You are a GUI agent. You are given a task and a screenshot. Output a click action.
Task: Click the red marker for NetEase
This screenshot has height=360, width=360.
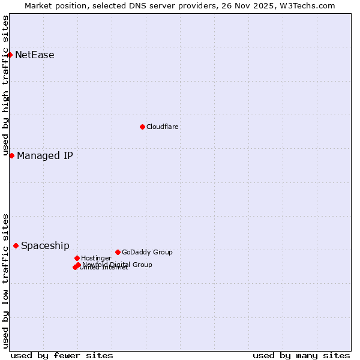[x=10, y=55]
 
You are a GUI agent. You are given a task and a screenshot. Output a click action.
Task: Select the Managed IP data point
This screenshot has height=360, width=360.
[x=11, y=155]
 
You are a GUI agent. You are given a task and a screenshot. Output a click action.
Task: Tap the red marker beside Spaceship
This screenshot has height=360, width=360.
[x=16, y=245]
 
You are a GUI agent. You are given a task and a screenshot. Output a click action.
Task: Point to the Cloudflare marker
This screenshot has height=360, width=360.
[x=142, y=127]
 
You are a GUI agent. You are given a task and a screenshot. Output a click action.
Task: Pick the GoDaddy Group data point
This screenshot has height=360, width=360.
[x=118, y=252]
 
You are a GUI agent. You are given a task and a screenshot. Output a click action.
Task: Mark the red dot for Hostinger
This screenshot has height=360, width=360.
[x=77, y=258]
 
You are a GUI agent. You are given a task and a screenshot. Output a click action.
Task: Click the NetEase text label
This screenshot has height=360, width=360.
[x=35, y=55]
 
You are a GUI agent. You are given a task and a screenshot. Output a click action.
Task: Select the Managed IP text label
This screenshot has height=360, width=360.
[x=45, y=156]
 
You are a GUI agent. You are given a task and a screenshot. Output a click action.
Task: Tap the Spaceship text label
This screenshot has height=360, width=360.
[x=45, y=246]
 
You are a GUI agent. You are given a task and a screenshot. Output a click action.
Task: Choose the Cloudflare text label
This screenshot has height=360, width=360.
[x=163, y=127]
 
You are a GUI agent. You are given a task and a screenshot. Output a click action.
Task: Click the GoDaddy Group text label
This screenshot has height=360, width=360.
[x=147, y=253]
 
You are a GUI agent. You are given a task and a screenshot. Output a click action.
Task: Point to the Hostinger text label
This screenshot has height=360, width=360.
[x=96, y=259]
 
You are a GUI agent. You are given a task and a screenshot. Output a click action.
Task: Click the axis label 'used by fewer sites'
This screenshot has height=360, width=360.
[x=62, y=355]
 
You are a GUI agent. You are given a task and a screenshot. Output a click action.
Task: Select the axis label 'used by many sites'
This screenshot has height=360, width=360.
[x=301, y=355]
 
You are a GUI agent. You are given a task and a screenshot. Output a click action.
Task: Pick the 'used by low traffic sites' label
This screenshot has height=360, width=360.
[x=6, y=281]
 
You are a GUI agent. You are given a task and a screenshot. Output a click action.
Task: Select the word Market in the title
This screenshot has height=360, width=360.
[x=39, y=6]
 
